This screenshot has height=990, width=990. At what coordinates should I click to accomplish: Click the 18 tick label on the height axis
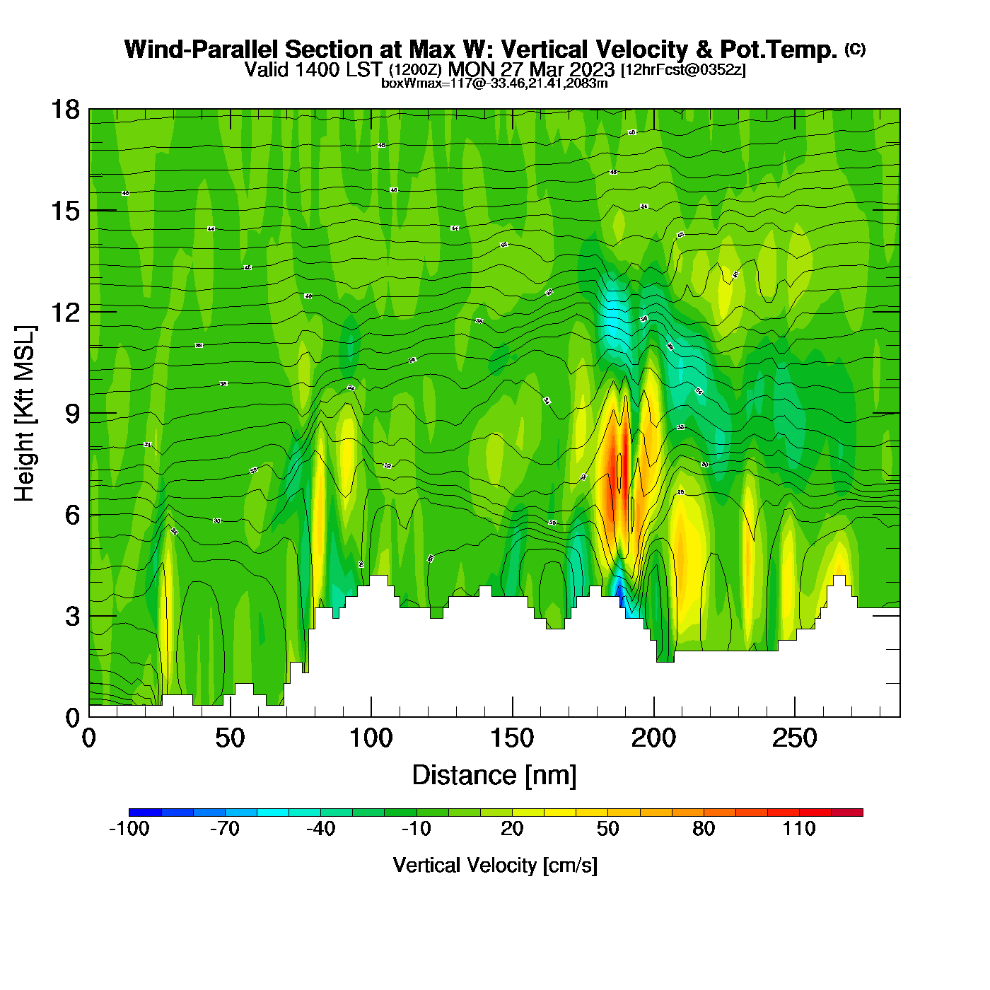pyautogui.click(x=65, y=110)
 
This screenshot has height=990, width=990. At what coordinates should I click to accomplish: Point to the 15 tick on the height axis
pyautogui.click(x=65, y=211)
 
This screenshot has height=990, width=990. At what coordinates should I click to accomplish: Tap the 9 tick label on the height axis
pyautogui.click(x=72, y=414)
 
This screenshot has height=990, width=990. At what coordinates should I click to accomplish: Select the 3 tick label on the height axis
pyautogui.click(x=72, y=617)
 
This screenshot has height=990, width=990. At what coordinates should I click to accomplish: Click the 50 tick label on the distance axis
pyautogui.click(x=230, y=739)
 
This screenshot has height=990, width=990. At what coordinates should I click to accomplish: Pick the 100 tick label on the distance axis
pyautogui.click(x=371, y=739)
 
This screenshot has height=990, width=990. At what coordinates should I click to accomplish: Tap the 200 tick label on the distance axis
pyautogui.click(x=654, y=739)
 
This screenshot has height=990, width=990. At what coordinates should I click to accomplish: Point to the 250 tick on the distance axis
pyautogui.click(x=795, y=739)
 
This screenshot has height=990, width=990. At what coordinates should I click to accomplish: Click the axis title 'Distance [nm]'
pyautogui.click(x=494, y=776)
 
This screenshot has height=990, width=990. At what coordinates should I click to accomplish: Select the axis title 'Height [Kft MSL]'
pyautogui.click(x=25, y=414)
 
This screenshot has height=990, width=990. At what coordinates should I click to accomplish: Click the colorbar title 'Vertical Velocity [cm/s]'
pyautogui.click(x=495, y=865)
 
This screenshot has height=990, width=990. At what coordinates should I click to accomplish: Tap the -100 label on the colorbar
pyautogui.click(x=129, y=829)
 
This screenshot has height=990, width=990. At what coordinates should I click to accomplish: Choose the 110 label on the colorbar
pyautogui.click(x=799, y=829)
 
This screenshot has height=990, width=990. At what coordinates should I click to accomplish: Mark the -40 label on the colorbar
pyautogui.click(x=320, y=829)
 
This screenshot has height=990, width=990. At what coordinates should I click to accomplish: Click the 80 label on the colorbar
pyautogui.click(x=704, y=829)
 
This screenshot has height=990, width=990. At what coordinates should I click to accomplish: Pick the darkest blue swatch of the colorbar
pyautogui.click(x=145, y=812)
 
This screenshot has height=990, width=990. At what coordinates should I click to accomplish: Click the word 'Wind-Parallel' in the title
pyautogui.click(x=203, y=49)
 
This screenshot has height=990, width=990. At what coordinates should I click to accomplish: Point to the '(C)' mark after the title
pyautogui.click(x=855, y=49)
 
